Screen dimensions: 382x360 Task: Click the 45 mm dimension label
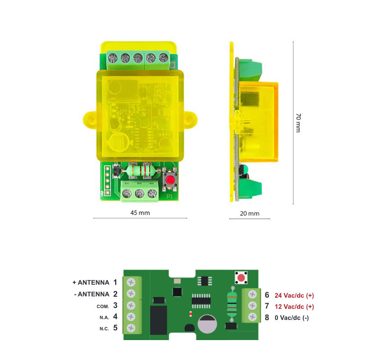point(140,213)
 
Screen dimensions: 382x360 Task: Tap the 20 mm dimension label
point(249,213)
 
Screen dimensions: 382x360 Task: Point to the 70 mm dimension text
point(298,123)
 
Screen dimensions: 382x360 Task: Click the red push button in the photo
point(170,180)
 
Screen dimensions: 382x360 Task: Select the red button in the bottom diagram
point(241,278)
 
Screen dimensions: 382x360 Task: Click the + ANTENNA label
point(91,283)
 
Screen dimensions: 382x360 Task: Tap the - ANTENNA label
point(91,294)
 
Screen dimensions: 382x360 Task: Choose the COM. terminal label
point(103,307)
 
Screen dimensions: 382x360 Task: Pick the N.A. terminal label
point(104,318)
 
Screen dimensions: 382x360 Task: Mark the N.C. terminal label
point(104,329)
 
